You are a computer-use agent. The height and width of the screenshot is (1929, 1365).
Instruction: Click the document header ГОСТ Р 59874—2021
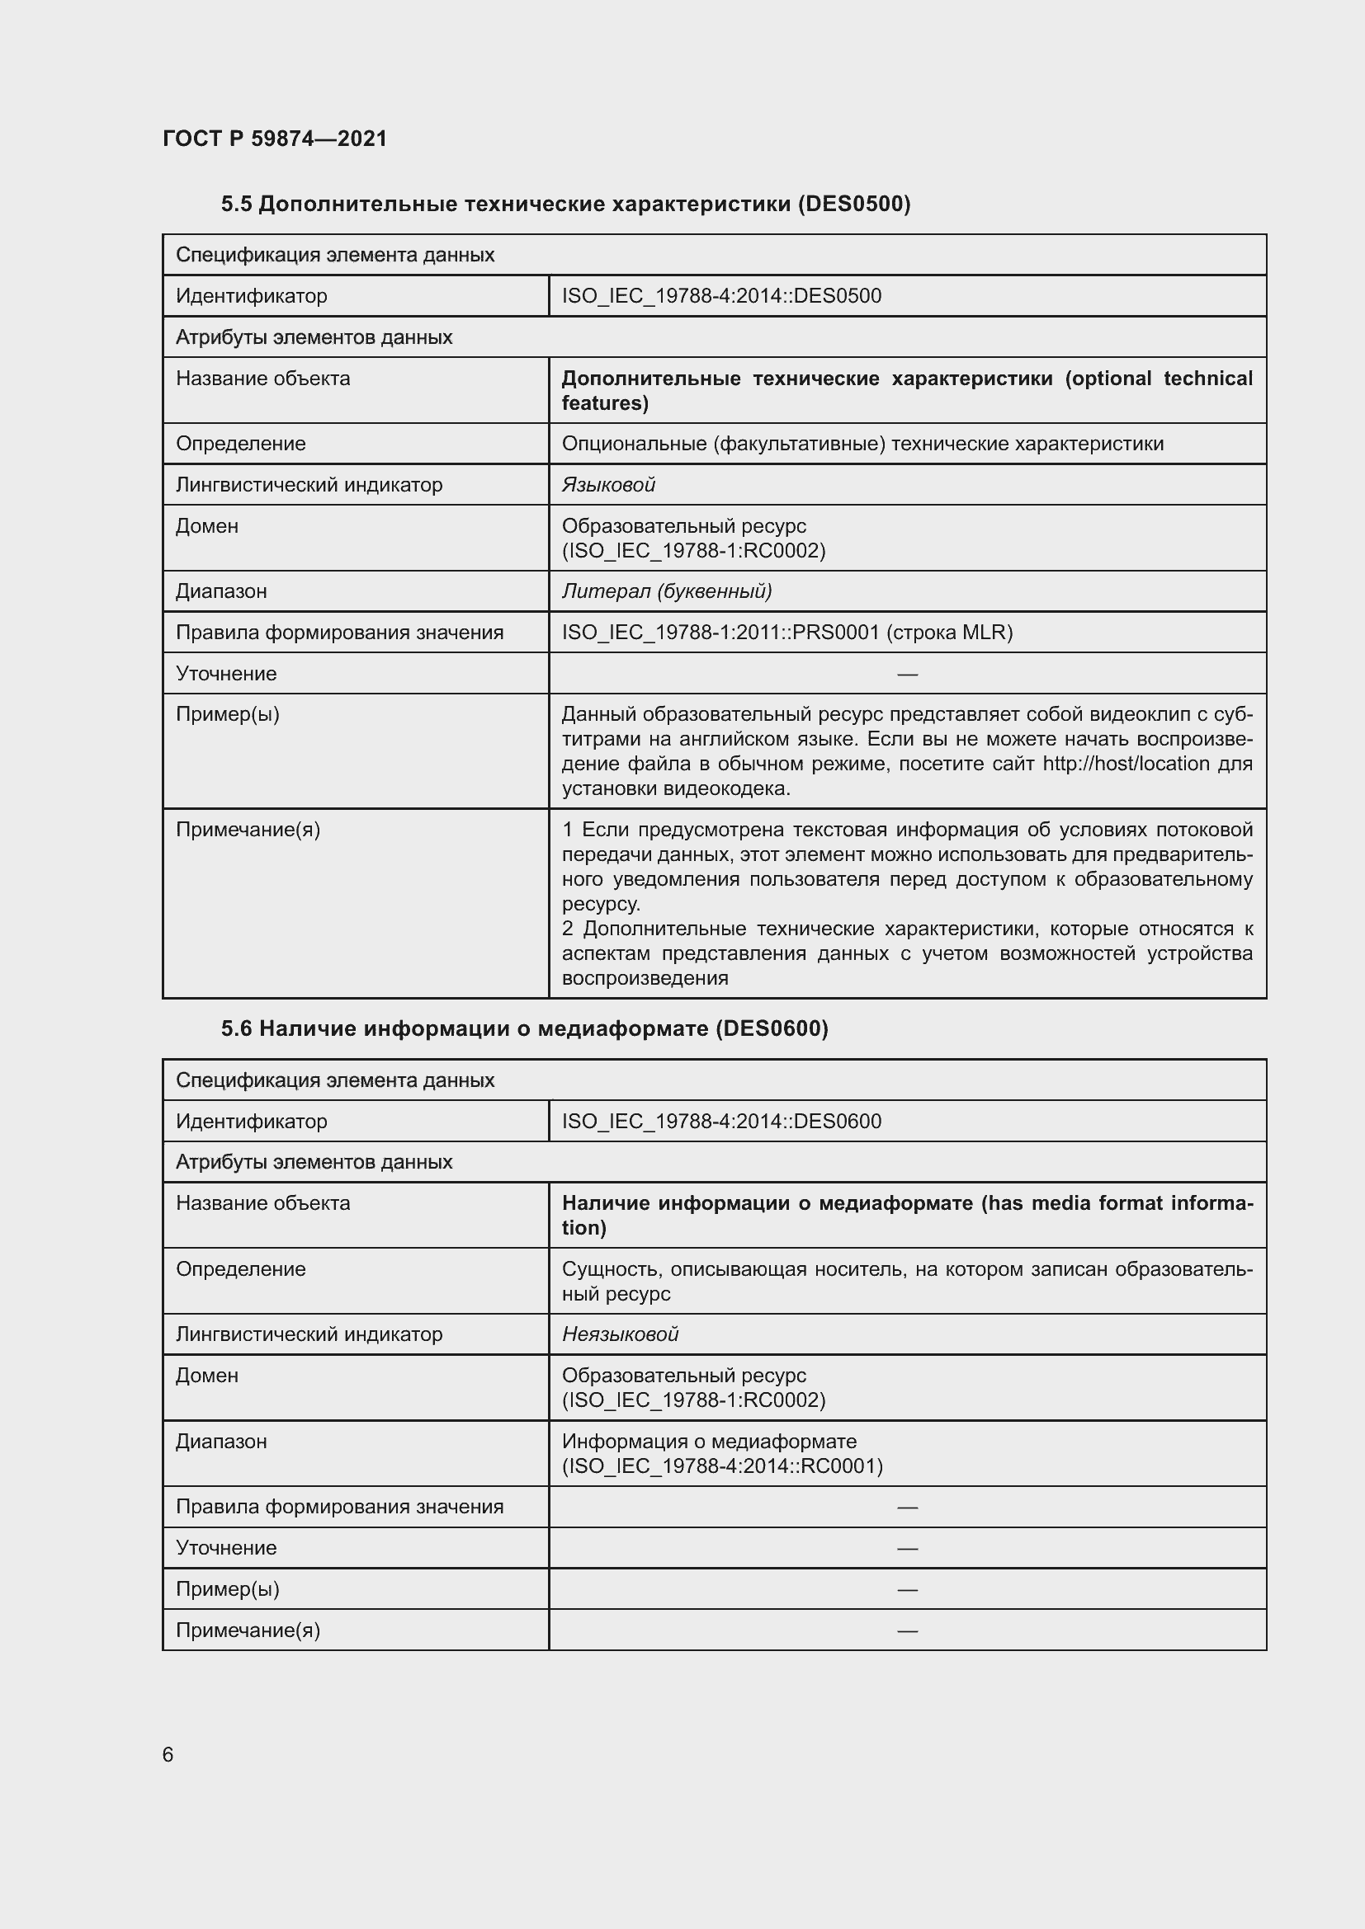click(275, 139)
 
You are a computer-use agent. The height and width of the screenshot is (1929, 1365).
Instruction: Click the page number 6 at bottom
click(168, 1754)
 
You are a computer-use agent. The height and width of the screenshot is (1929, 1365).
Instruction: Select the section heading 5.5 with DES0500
click(565, 205)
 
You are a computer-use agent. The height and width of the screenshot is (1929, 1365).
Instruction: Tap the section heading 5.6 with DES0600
click(525, 1029)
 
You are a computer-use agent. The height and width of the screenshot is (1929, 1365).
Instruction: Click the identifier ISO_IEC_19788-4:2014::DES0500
click(721, 296)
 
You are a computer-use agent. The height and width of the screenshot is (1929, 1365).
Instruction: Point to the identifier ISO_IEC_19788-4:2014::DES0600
click(721, 1121)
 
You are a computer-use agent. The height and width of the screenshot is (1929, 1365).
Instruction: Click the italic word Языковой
click(607, 485)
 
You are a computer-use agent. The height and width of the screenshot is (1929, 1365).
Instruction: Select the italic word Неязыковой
click(620, 1334)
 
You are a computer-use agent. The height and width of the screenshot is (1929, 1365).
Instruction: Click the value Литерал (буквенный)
click(667, 591)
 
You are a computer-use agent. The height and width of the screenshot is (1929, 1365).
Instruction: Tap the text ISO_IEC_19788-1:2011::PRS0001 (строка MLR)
click(786, 633)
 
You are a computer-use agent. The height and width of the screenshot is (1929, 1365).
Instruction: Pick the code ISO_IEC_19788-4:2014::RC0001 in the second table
click(722, 1466)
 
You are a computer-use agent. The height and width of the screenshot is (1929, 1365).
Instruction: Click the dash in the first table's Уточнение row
click(907, 674)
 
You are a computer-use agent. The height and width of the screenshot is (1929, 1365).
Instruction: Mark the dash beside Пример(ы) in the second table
click(907, 1589)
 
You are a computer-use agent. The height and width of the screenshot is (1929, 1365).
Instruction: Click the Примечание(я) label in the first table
click(248, 830)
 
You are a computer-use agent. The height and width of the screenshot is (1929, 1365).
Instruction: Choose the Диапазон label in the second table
click(221, 1442)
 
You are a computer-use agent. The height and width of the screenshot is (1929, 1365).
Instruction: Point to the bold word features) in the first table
click(604, 403)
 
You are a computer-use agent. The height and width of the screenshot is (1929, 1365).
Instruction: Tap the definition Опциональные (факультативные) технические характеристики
click(862, 444)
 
